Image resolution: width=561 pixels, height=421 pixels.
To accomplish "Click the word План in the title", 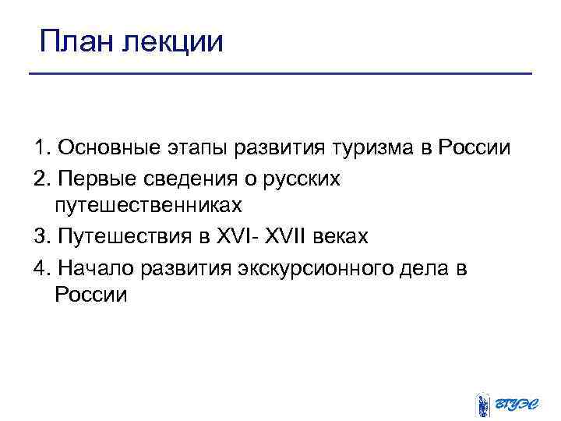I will [x=76, y=40].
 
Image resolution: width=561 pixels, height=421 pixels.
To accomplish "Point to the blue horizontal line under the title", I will [x=280, y=74].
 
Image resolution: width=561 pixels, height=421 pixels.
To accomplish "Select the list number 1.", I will [x=40, y=147].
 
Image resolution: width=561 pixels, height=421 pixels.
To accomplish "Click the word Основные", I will [x=109, y=147].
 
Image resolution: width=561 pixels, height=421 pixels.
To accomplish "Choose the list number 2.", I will [x=40, y=178].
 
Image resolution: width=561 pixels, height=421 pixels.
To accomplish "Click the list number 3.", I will [x=40, y=237].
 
